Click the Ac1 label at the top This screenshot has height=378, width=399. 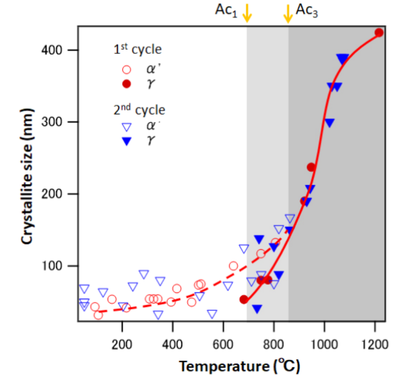tap(226, 12)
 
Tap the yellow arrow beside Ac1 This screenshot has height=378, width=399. tap(247, 13)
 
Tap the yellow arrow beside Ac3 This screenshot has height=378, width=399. tap(288, 13)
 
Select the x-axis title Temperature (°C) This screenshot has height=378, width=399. tap(239, 366)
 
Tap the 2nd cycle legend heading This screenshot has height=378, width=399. tap(139, 110)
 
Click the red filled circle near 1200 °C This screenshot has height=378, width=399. tap(379, 33)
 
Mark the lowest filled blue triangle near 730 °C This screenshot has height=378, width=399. tap(257, 309)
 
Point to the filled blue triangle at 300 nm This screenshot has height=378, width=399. tap(329, 122)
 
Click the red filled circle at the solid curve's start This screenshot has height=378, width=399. tap(244, 299)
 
